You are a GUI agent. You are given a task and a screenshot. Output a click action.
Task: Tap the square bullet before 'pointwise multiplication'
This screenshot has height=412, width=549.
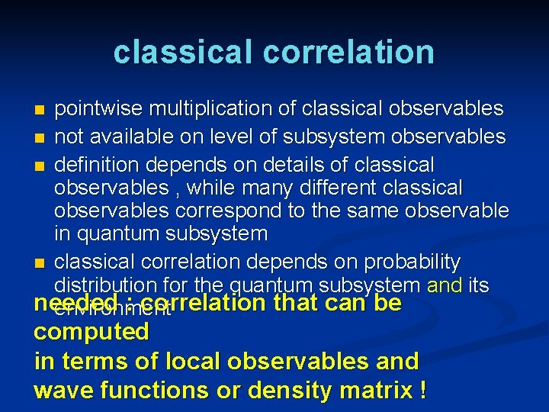pos(40,111)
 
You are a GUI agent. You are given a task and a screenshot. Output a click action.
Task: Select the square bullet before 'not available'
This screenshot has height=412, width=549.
pos(40,139)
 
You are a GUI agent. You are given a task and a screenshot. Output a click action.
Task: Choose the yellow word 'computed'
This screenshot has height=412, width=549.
pos(91,332)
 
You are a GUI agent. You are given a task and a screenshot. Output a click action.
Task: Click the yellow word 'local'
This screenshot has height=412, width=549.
pos(191,361)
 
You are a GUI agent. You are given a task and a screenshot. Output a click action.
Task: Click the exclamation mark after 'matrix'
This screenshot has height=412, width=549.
pos(422,390)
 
